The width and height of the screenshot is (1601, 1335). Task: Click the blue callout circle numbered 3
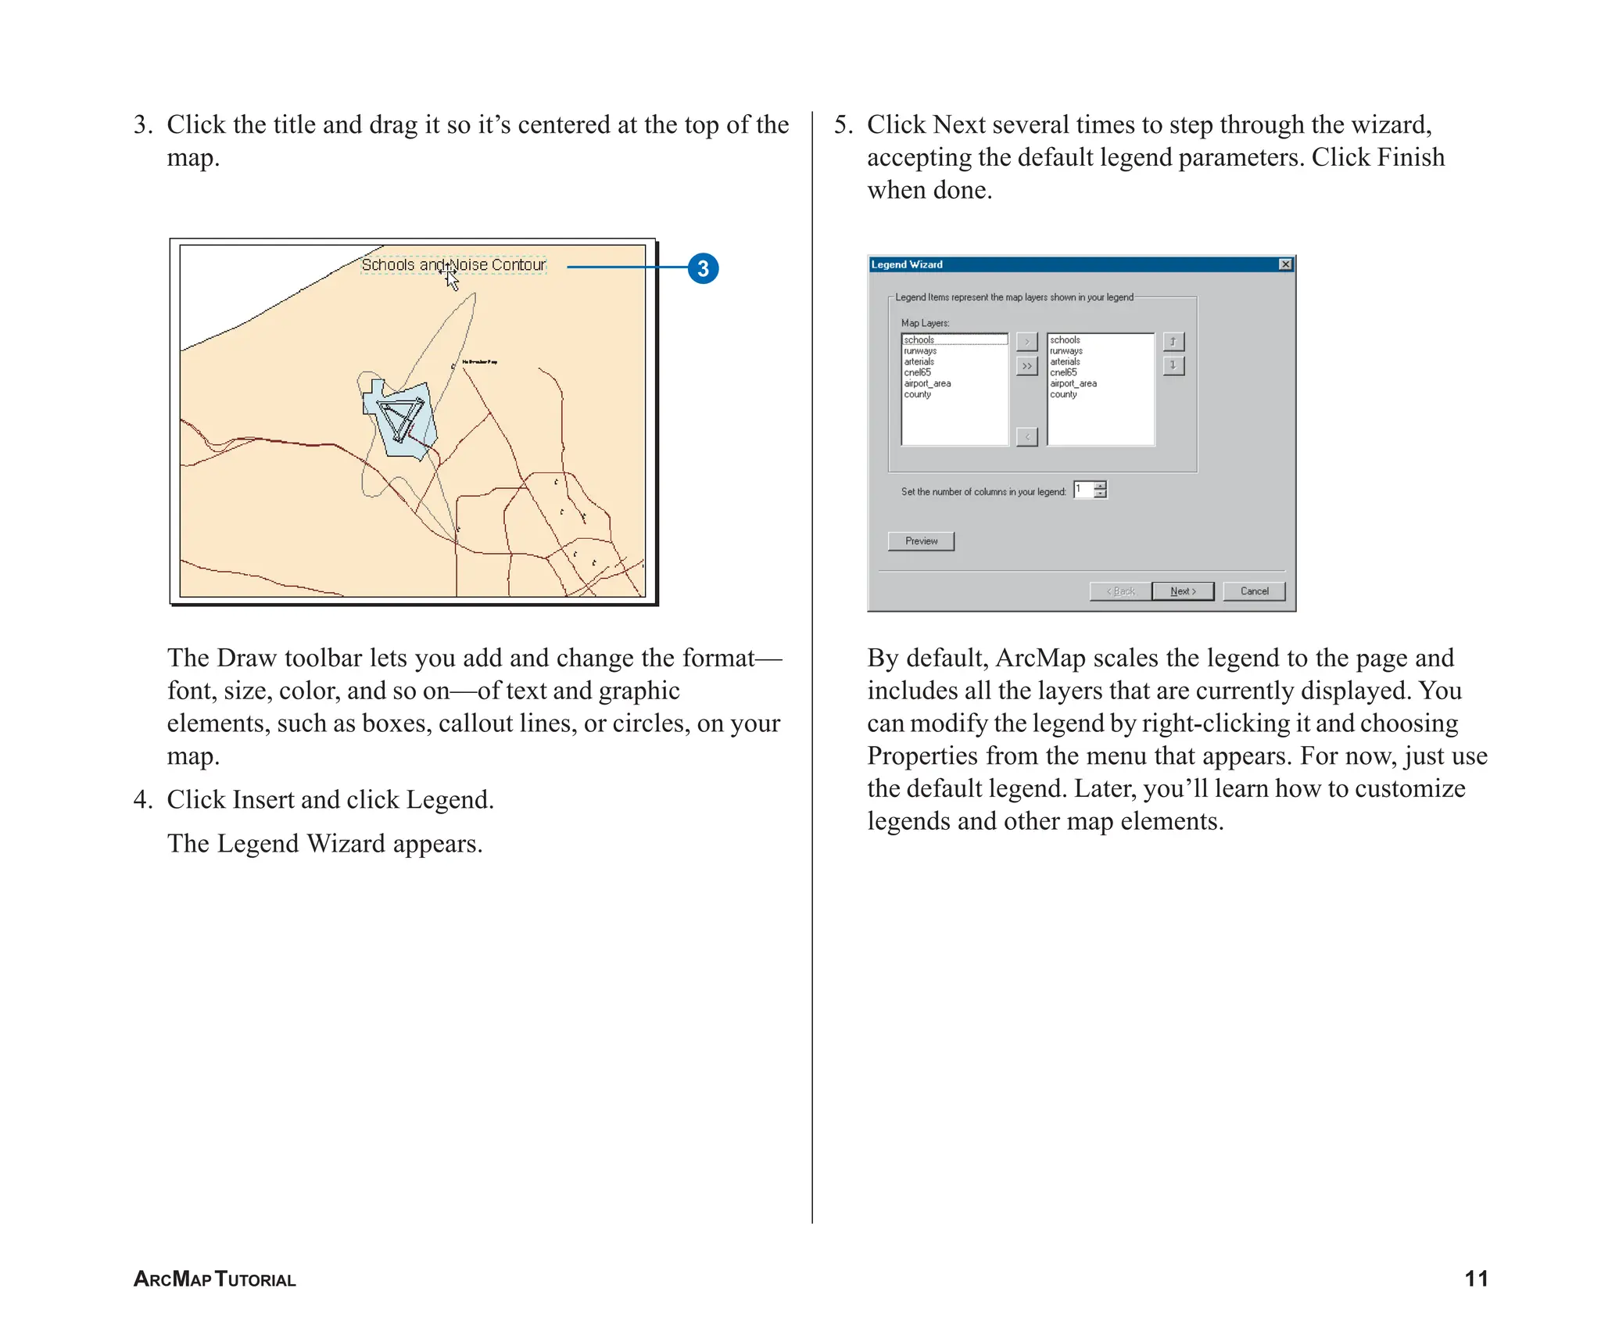[703, 268]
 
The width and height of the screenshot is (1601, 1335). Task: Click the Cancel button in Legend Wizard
[1254, 591]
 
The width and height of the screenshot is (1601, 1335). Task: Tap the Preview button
[921, 541]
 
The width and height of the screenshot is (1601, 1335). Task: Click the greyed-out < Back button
[1120, 591]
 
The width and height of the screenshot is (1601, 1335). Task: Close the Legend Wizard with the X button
[1285, 264]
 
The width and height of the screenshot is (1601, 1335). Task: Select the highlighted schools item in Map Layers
[919, 340]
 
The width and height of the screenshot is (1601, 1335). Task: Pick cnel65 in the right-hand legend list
[1063, 373]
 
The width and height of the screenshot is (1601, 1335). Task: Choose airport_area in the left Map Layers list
[927, 384]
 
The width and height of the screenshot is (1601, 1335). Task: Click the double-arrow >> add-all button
[1026, 366]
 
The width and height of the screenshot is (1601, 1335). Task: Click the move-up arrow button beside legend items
[1173, 342]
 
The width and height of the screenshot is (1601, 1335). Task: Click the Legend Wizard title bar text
[907, 264]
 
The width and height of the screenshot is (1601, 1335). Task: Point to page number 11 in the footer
[1475, 1279]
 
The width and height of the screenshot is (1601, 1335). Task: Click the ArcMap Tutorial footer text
[215, 1279]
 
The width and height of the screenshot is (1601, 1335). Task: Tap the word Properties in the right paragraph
[922, 756]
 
